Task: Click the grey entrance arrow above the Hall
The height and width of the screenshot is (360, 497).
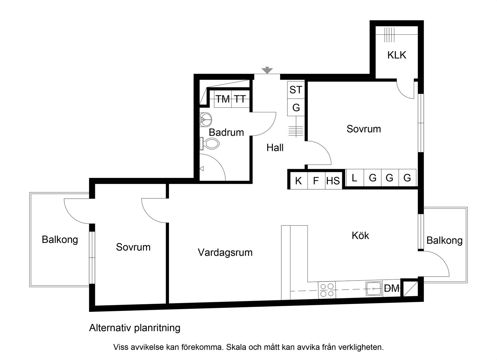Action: tap(267, 70)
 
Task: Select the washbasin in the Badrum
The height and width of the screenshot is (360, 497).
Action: tap(206, 119)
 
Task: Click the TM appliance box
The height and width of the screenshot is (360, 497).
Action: tap(223, 99)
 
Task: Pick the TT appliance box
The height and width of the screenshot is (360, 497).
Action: tap(240, 99)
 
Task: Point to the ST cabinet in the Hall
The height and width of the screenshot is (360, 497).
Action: tap(296, 90)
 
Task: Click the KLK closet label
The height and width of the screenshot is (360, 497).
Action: tap(397, 55)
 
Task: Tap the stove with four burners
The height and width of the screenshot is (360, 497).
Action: tap(327, 290)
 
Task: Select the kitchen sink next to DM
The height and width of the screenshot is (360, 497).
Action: tap(374, 289)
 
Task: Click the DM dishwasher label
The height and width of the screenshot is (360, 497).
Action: tap(392, 289)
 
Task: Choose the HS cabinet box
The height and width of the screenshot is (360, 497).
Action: tap(333, 181)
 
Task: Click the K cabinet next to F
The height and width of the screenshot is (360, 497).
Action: tap(298, 181)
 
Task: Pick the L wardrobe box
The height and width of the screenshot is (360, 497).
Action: tap(355, 178)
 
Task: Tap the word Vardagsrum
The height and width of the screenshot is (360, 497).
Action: tap(225, 252)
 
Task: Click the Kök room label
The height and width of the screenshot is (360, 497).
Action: tap(360, 235)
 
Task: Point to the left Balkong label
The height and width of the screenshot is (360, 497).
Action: tap(60, 240)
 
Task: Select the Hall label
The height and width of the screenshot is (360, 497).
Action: tap(275, 147)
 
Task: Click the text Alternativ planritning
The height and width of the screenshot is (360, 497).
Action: tap(135, 327)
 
